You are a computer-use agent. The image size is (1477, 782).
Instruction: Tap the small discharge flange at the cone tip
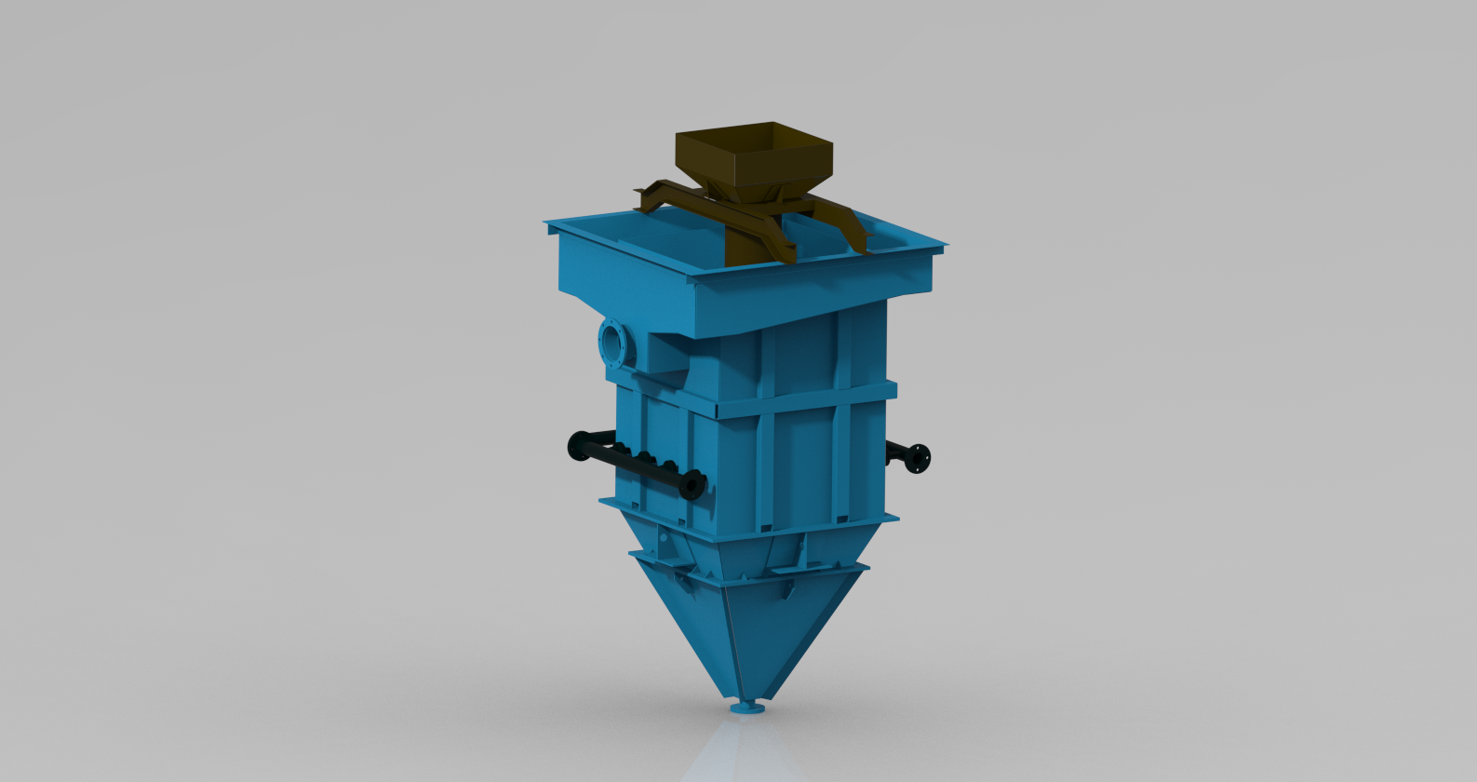[746, 708]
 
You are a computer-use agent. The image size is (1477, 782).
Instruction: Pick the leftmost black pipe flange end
[574, 445]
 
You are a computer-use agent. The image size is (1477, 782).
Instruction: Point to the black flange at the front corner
[692, 485]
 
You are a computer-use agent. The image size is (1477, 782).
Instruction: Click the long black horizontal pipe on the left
[633, 462]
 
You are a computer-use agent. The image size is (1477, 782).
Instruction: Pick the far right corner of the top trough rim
[944, 246]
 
